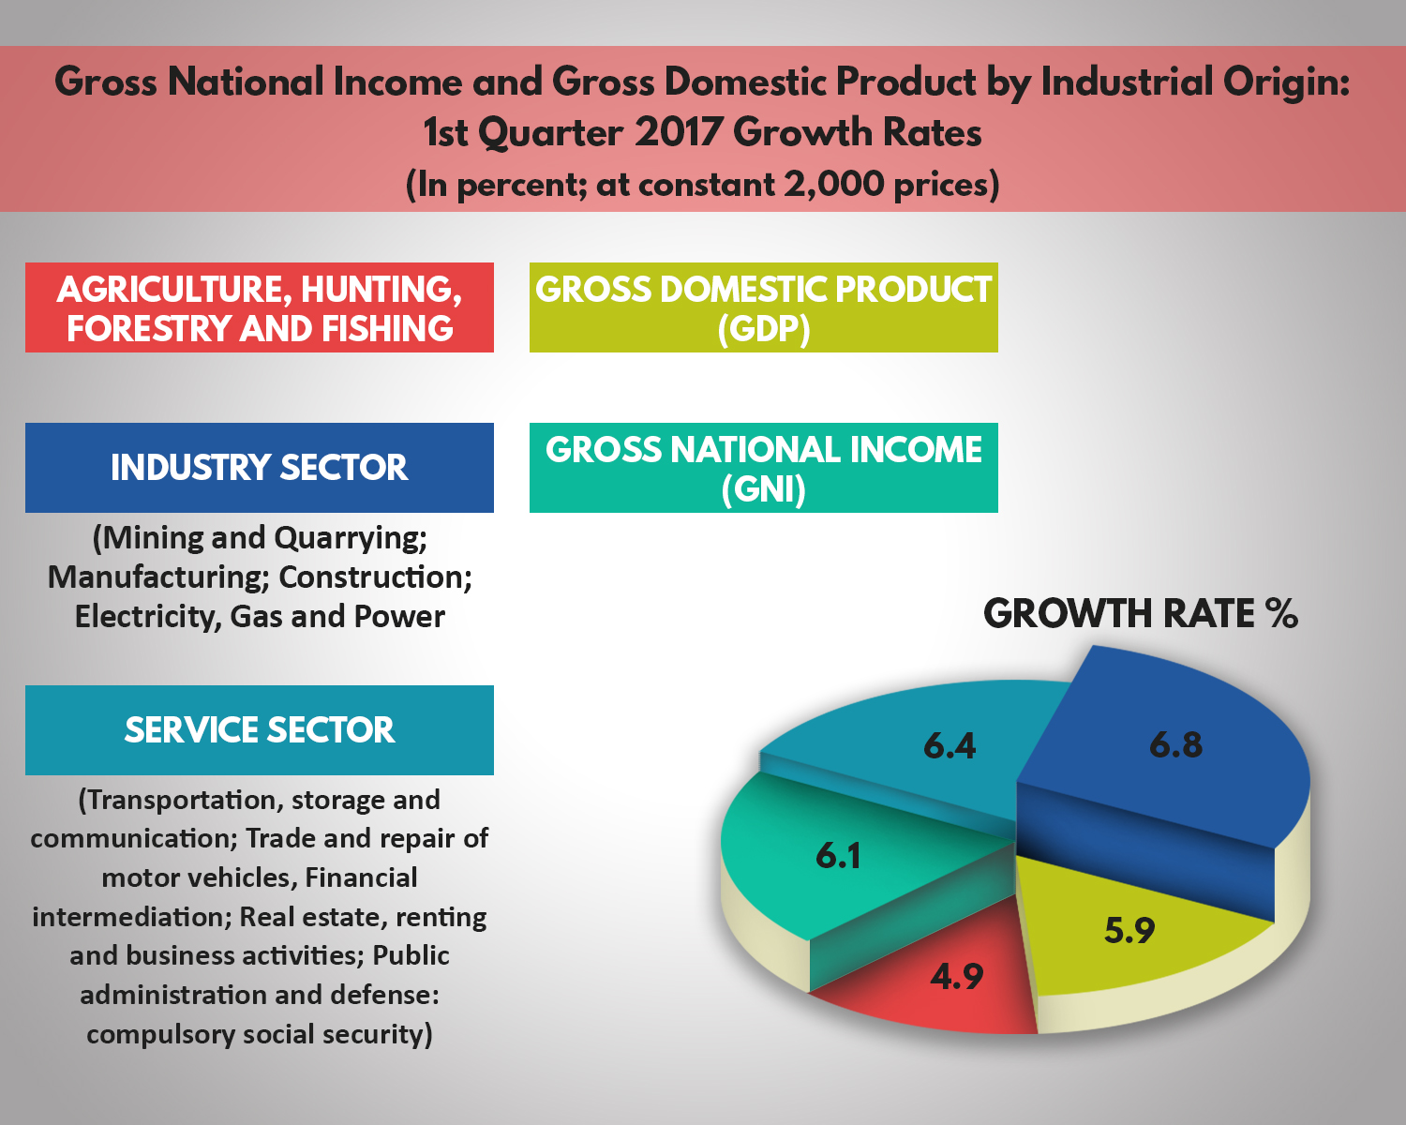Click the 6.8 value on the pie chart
[1175, 745]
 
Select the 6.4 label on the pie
[950, 746]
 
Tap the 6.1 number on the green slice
[838, 856]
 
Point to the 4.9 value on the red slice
[956, 978]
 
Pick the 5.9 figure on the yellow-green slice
[1129, 931]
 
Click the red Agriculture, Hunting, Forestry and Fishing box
[260, 307]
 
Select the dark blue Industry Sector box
[260, 468]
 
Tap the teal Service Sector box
[260, 730]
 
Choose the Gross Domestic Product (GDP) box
[763, 307]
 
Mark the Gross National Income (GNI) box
[763, 468]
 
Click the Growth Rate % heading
[1140, 614]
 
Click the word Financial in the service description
[361, 877]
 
